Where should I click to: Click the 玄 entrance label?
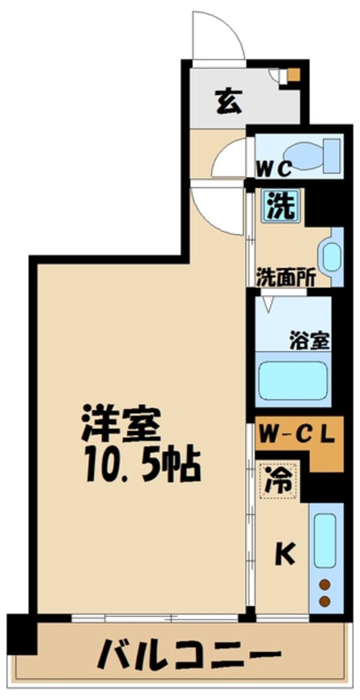coord(229,100)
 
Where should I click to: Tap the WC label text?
coord(275,169)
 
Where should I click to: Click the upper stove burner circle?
coord(325,583)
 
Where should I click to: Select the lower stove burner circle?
coord(325,600)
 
